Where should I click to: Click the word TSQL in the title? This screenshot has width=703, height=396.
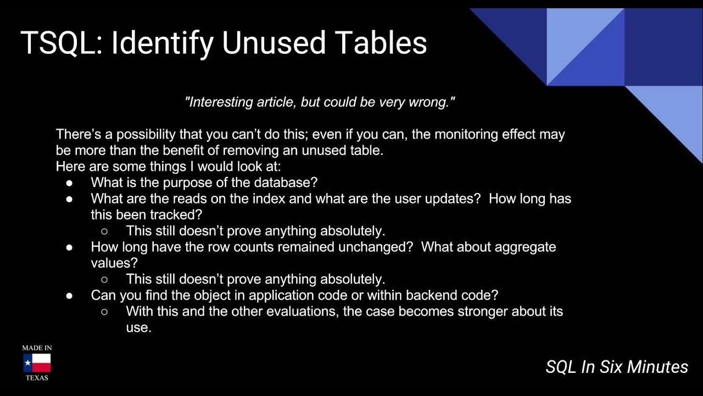coord(57,43)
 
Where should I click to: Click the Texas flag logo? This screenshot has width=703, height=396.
coord(37,363)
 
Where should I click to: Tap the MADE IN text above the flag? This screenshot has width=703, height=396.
coord(37,348)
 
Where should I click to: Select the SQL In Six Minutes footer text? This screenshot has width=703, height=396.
coord(617,367)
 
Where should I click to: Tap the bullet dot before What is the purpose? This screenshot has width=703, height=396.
coord(70,183)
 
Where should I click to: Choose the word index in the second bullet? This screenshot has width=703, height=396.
coord(268,199)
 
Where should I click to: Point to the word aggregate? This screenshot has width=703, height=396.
coord(522,247)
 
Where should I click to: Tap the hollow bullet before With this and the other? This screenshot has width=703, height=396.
coord(104,312)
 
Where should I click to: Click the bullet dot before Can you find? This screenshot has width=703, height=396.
coord(70,296)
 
